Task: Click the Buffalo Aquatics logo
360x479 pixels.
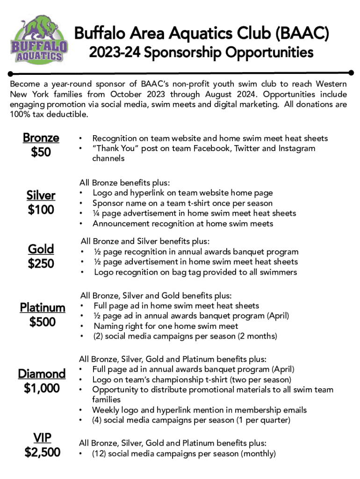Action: [x=39, y=40]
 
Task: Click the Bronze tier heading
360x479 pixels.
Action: [x=41, y=138]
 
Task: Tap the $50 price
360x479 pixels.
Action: [x=41, y=152]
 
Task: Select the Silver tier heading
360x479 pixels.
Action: [x=41, y=196]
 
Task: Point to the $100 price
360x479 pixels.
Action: [x=41, y=210]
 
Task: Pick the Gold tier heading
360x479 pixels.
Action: [x=41, y=249]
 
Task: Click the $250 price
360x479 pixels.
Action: [x=41, y=263]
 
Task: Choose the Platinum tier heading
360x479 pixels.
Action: [x=43, y=307]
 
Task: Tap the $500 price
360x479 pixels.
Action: [x=43, y=322]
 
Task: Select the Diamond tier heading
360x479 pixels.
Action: [x=42, y=374]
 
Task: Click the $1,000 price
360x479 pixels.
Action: [x=42, y=388]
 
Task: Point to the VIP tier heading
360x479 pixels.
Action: [x=42, y=438]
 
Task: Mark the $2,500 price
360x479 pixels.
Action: [x=42, y=452]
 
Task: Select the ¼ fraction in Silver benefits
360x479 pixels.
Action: [x=96, y=213]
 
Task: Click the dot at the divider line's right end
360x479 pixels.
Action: [x=352, y=73]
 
